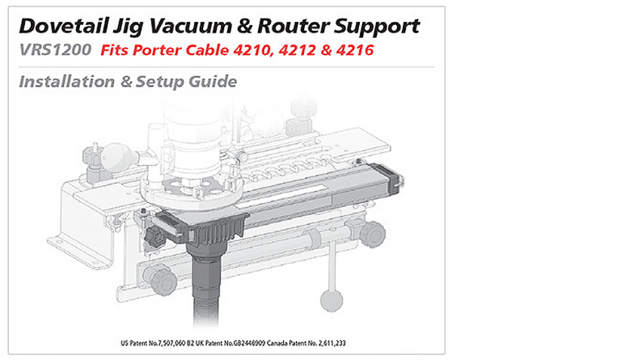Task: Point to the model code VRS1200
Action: click(x=53, y=51)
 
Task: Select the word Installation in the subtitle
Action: click(x=66, y=82)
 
